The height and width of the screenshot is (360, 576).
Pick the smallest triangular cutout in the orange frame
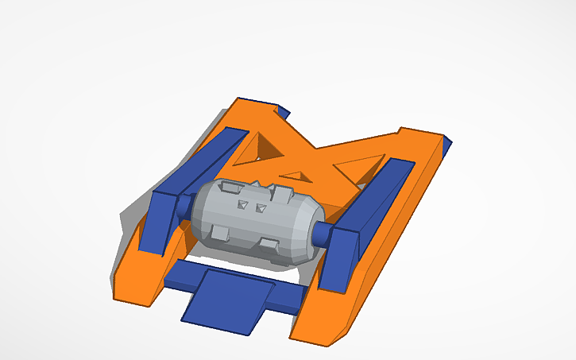coord(295,176)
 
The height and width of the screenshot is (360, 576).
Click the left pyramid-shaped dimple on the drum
coord(241,204)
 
